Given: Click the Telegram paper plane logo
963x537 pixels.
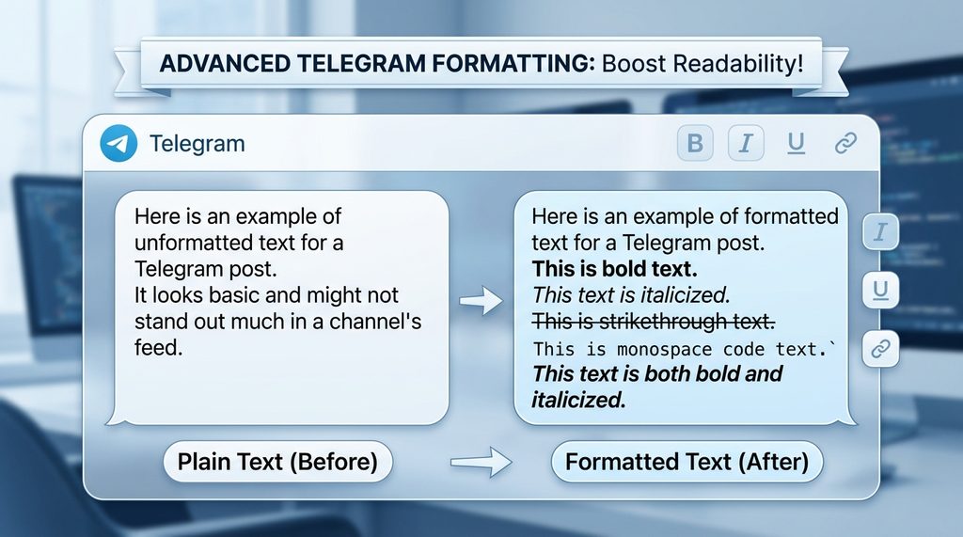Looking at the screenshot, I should click(117, 144).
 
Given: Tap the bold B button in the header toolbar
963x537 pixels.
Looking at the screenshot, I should click(695, 143).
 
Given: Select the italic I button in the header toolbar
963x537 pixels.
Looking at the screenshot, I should click(746, 143).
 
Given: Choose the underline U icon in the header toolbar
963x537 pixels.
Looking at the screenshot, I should click(796, 143).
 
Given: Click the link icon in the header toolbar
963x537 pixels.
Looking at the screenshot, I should click(845, 143).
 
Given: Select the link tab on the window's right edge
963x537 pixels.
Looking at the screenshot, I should click(881, 348).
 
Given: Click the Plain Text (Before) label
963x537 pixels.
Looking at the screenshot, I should click(277, 462).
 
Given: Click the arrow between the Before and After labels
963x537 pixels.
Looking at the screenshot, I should click(480, 462).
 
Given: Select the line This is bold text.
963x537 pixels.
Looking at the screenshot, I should click(615, 269).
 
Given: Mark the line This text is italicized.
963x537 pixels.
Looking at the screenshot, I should click(631, 295).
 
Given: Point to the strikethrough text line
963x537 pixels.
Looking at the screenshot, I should click(654, 322).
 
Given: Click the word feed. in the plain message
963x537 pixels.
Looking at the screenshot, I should click(156, 347).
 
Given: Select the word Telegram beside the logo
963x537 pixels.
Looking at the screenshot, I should click(197, 144).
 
